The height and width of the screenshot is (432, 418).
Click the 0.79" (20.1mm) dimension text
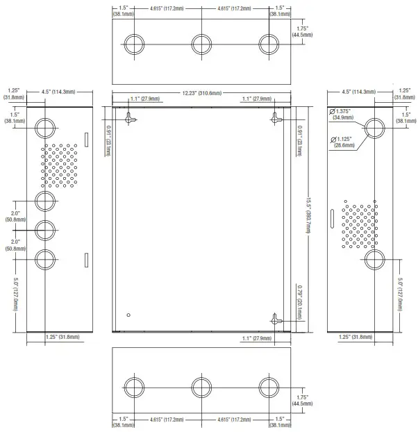299,303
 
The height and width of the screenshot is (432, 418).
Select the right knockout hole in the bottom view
269,388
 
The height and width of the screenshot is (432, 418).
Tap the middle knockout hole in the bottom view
201,388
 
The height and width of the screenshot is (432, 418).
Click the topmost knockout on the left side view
45,128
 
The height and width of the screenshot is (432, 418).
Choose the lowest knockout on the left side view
45,259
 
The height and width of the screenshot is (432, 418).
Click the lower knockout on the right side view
376,259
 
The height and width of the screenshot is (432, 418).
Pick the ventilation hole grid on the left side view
60,166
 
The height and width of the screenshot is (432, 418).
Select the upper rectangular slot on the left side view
86,140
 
